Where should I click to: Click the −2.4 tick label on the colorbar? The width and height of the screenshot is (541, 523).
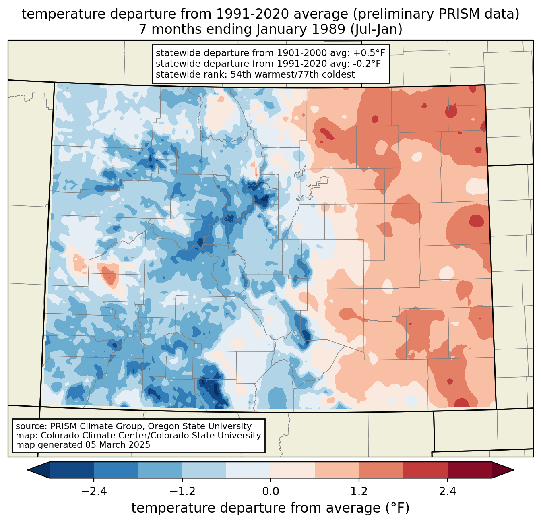coord(94,492)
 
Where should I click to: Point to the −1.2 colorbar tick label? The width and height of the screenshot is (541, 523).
coord(182,492)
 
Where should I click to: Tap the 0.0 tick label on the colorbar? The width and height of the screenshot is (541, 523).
coord(270,492)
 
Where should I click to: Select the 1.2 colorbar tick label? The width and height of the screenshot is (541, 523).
coord(359,492)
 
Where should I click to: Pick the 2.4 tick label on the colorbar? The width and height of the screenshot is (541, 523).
coord(448,492)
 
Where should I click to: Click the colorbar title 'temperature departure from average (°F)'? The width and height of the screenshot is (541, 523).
coord(270,508)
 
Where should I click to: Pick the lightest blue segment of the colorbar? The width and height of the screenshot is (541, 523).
coord(248,470)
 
